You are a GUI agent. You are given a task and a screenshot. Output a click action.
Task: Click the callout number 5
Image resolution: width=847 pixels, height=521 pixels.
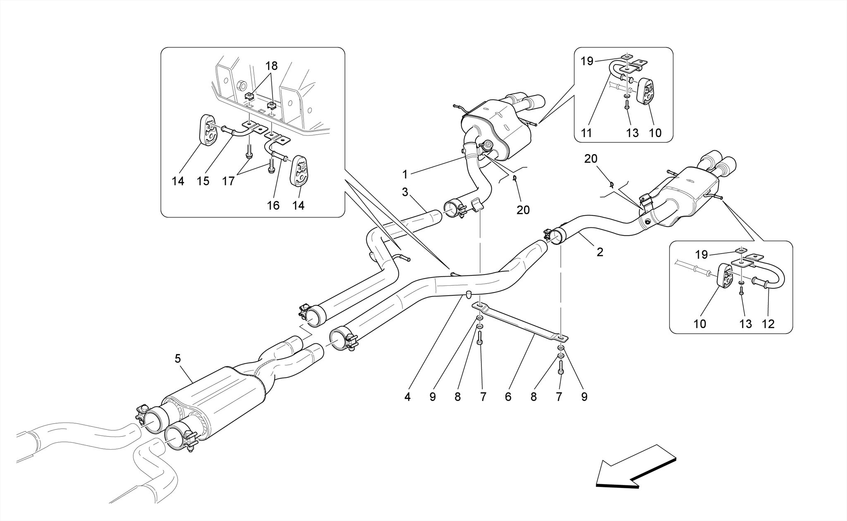[178, 359]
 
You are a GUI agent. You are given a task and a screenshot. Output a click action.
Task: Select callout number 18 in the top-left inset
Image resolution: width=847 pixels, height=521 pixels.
[271, 66]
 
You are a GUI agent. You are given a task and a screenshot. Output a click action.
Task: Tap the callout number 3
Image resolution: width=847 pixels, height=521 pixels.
[405, 192]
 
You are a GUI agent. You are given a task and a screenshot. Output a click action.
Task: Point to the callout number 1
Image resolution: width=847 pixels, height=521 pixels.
[405, 175]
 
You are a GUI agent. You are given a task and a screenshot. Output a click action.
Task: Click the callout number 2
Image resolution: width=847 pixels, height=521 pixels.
[600, 252]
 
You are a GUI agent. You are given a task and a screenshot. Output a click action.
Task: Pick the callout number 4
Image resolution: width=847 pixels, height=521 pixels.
[407, 397]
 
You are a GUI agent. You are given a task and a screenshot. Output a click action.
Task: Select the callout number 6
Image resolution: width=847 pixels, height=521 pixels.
[508, 397]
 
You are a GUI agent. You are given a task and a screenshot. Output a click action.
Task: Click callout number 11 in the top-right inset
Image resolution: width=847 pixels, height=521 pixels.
[586, 133]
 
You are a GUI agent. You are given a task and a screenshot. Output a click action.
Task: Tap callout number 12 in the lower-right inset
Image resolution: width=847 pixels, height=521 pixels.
[768, 324]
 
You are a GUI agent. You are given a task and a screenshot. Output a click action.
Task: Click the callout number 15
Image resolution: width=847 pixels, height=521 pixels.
[203, 181]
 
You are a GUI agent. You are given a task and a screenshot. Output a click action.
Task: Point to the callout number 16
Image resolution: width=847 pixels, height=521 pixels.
[273, 205]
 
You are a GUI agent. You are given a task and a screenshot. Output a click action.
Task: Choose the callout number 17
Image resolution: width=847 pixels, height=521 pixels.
[228, 181]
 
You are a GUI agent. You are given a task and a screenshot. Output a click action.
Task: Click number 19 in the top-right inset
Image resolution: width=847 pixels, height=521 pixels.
[587, 61]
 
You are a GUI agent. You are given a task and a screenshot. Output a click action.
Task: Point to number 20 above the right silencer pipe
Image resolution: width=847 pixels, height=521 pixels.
[591, 159]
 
